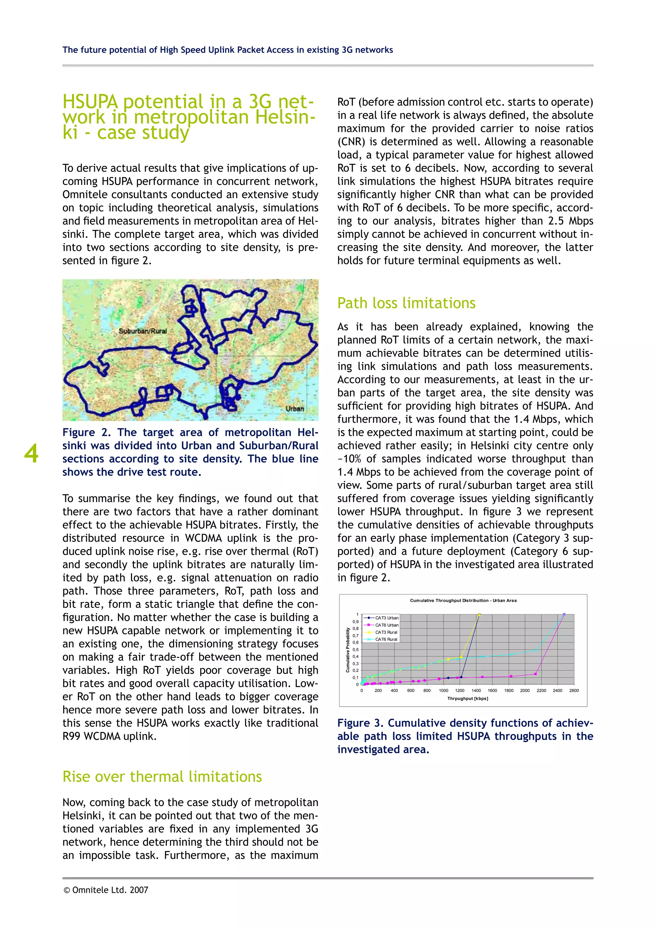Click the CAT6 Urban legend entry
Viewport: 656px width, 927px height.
(x=387, y=625)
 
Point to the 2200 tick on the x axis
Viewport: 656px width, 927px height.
(x=541, y=690)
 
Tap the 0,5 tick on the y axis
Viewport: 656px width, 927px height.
(x=356, y=649)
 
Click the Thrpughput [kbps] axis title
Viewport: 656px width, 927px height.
(x=467, y=698)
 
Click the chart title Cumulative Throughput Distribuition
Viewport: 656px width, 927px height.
(x=463, y=601)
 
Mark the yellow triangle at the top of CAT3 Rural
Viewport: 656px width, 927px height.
(x=479, y=615)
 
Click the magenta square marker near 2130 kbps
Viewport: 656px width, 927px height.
(x=535, y=674)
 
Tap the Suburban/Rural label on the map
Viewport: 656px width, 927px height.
(x=143, y=331)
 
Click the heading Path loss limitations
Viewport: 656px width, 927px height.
(x=406, y=303)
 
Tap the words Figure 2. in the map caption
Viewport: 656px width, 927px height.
(x=86, y=432)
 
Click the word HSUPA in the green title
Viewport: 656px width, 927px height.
(x=90, y=102)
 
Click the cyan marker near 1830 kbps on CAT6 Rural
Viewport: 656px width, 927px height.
(x=511, y=654)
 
